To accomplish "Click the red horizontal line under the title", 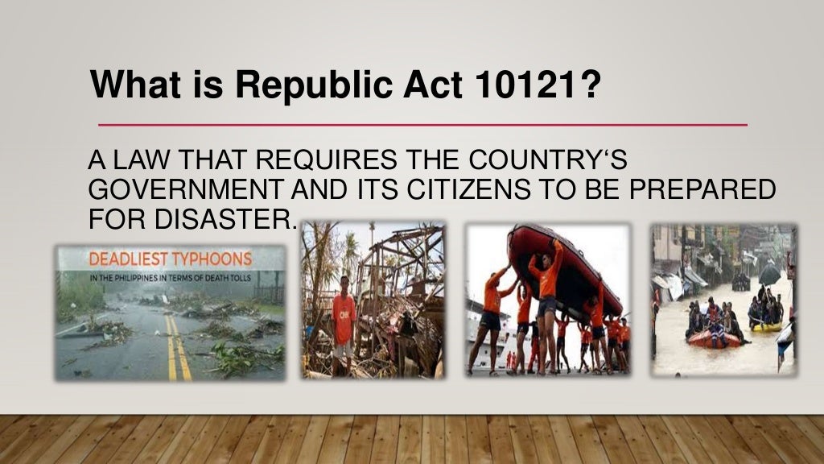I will coord(422,126).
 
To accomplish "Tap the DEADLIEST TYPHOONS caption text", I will coord(170,260).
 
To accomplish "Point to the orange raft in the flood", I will coord(713,339).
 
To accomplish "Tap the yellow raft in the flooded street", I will coord(766,326).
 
